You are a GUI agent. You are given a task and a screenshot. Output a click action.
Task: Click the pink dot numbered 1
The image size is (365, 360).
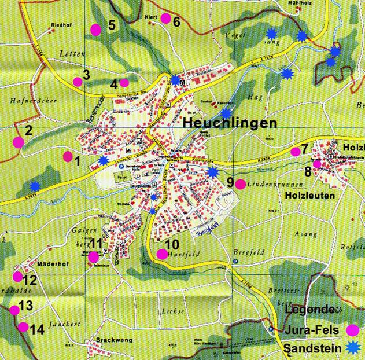(x=68, y=156)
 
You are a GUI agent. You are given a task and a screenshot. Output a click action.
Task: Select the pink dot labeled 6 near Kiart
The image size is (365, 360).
(x=165, y=19)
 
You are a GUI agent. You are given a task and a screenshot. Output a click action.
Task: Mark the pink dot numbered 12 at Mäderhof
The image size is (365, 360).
(x=17, y=277)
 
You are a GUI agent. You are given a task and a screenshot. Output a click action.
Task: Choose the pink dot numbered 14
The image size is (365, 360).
(x=23, y=327)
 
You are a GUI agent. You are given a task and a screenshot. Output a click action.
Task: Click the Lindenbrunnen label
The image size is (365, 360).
(x=267, y=184)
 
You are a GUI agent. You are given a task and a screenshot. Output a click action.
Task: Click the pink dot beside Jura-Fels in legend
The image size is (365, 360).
(x=352, y=330)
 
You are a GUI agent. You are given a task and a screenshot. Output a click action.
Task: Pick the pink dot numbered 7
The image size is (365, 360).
(x=296, y=152)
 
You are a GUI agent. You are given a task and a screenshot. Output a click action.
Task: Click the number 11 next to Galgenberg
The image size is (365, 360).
(x=96, y=243)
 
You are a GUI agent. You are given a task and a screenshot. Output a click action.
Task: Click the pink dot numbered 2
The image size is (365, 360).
(x=18, y=142)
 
